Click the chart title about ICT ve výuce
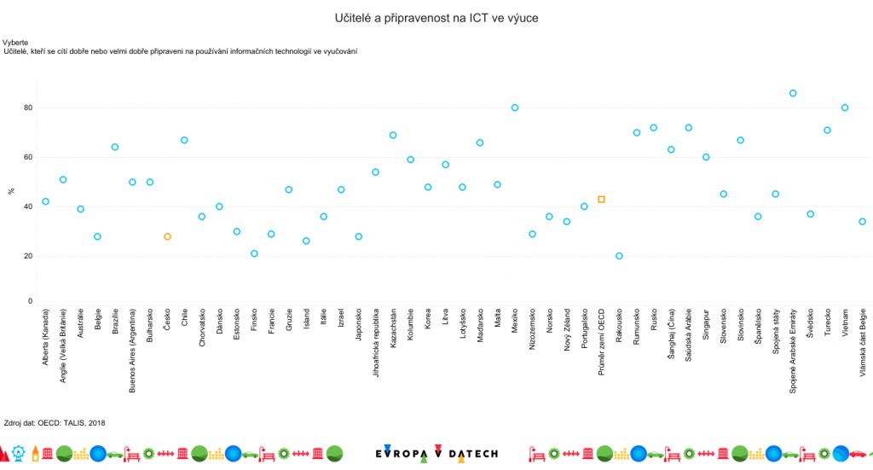point(436,17)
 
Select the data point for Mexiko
point(515,107)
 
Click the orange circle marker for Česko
point(167,236)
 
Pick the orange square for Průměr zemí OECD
point(601,200)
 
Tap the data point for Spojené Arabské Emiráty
point(793,93)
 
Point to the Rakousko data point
point(619,256)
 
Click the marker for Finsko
point(254,253)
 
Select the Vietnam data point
point(845,107)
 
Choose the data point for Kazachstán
point(393,135)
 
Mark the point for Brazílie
point(115,147)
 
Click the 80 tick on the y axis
point(27,107)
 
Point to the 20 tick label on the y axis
point(27,256)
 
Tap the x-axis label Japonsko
point(359,328)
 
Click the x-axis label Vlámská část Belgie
point(863,341)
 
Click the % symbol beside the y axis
point(10,191)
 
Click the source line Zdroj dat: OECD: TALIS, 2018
point(55,422)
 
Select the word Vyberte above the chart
point(15,42)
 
